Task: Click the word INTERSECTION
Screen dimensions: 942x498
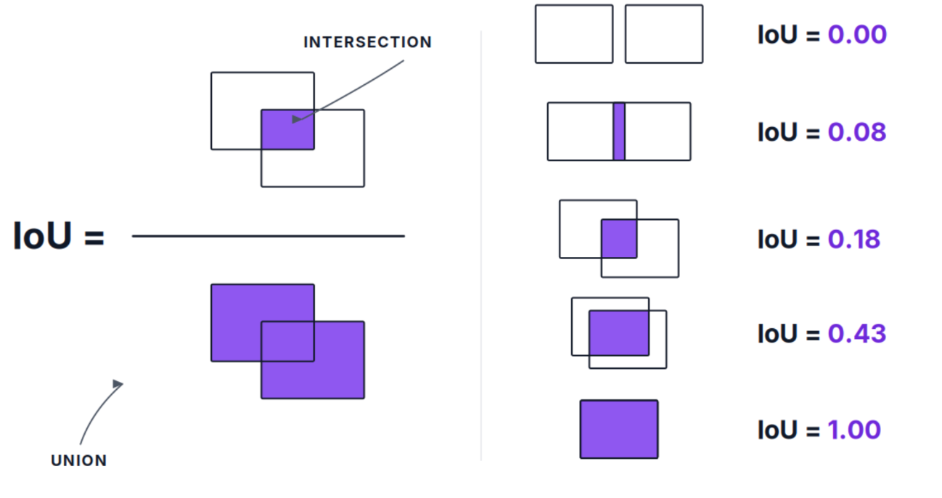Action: [367, 42]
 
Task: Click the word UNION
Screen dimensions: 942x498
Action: [78, 460]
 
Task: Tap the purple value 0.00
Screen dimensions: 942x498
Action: [857, 35]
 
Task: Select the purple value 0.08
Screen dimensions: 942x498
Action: [857, 132]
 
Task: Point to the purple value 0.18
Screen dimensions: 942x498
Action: [853, 240]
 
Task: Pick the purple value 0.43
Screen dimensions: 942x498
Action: [857, 334]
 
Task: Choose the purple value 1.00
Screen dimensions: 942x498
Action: [854, 430]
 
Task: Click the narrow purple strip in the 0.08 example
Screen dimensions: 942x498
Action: [619, 131]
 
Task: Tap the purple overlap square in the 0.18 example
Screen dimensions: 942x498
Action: [619, 239]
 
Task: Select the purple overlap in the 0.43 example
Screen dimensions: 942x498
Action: [619, 333]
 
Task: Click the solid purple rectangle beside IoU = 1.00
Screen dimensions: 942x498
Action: [619, 430]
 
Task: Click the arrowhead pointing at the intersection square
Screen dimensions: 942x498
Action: [297, 119]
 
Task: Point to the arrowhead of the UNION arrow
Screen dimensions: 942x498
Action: [118, 384]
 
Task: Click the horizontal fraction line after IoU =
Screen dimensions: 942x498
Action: [269, 236]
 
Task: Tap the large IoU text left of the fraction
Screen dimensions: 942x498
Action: [43, 236]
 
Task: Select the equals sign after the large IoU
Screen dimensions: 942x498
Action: [94, 237]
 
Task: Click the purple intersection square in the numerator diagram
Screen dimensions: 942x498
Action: [287, 129]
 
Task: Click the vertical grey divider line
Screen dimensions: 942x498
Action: [481, 245]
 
